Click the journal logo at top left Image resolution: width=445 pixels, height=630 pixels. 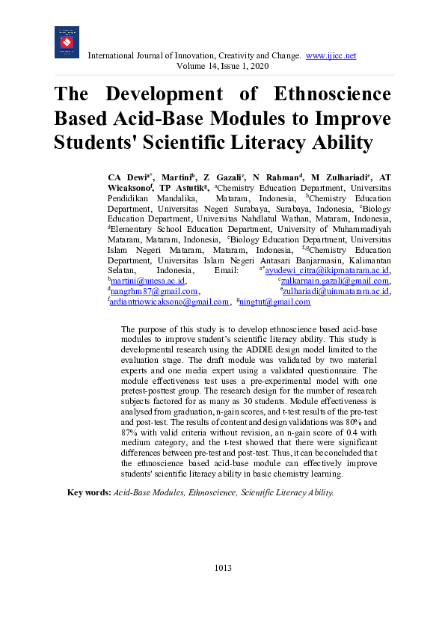point(67,42)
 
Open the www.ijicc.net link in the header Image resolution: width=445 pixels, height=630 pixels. point(331,55)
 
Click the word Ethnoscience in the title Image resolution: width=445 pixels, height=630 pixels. point(322,95)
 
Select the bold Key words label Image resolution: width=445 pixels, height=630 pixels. point(89,492)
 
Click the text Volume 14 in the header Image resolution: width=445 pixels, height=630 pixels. point(196,67)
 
